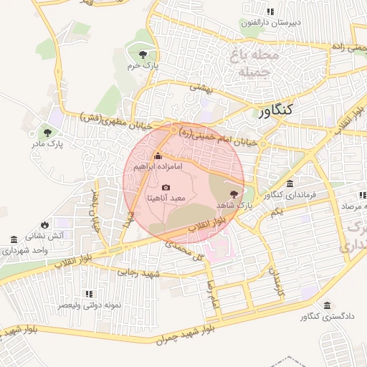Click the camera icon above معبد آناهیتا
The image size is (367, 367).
pyautogui.click(x=166, y=187)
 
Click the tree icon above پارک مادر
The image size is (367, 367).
pyautogui.click(x=47, y=132)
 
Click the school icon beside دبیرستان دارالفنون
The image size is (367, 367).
pyautogui.click(x=270, y=12)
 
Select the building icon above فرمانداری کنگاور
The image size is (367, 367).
pyautogui.click(x=289, y=184)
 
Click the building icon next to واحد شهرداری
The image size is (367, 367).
pyautogui.click(x=14, y=239)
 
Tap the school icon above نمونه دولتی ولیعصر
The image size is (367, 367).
pyautogui.click(x=89, y=294)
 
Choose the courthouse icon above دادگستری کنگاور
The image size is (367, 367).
pyautogui.click(x=327, y=305)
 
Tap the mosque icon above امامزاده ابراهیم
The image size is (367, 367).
pyautogui.click(x=158, y=156)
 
